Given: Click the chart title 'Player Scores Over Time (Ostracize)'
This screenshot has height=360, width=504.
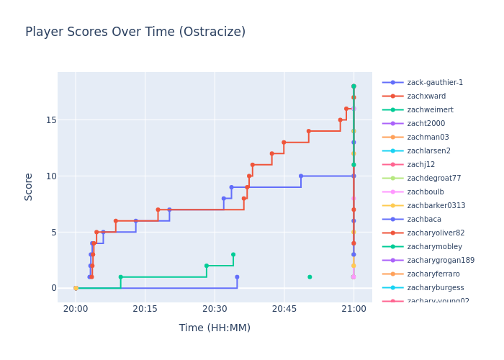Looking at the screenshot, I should pyautogui.click(x=135, y=32).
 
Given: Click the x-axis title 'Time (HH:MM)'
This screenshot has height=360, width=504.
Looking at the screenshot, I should pyautogui.click(x=215, y=328).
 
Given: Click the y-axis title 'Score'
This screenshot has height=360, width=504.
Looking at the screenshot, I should pyautogui.click(x=29, y=186).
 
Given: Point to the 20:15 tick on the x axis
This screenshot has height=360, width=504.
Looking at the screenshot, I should pyautogui.click(x=145, y=308).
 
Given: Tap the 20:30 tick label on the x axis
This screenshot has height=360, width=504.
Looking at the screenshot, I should pyautogui.click(x=215, y=308).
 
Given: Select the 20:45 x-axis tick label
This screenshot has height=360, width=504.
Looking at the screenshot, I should pyautogui.click(x=284, y=308).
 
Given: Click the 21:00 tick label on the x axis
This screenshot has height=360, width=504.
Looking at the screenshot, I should pyautogui.click(x=353, y=308).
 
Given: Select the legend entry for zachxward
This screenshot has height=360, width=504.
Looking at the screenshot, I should pyautogui.click(x=426, y=96).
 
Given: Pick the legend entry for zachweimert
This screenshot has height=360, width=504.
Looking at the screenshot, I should pyautogui.click(x=430, y=110).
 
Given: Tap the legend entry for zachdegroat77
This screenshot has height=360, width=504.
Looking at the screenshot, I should pyautogui.click(x=434, y=179).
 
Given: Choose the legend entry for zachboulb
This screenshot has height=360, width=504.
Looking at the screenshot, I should pyautogui.click(x=426, y=192).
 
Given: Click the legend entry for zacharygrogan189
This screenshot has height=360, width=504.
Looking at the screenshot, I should pyautogui.click(x=441, y=261).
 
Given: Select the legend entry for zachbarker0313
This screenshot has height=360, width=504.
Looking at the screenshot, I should pyautogui.click(x=436, y=206).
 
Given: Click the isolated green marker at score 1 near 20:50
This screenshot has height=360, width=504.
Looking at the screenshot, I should pyautogui.click(x=310, y=276).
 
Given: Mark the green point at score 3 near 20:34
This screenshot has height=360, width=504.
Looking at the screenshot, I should pyautogui.click(x=233, y=254).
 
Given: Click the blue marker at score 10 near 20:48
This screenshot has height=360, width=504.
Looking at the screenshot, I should pyautogui.click(x=301, y=176).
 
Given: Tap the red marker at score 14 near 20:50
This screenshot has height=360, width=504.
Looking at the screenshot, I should pyautogui.click(x=309, y=131).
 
